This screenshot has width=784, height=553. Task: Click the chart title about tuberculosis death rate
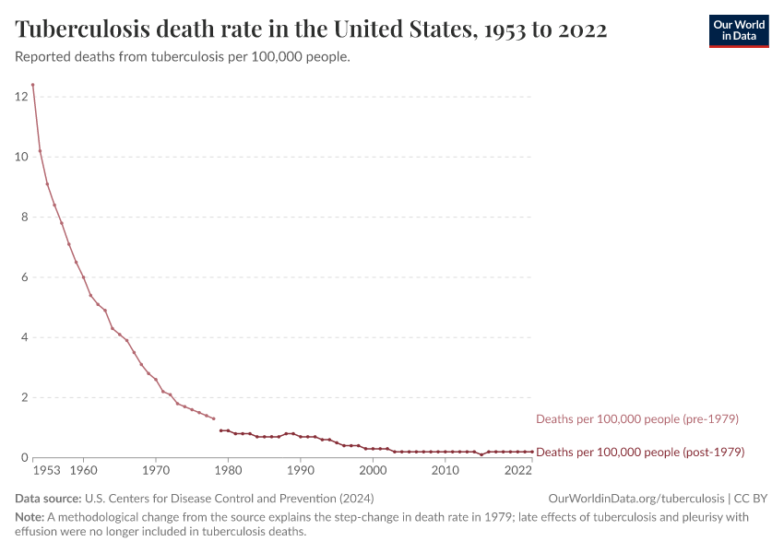[x=311, y=29]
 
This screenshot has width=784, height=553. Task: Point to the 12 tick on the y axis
[x=21, y=97]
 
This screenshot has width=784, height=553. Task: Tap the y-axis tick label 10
[x=21, y=157]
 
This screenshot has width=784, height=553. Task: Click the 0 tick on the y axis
[x=24, y=458]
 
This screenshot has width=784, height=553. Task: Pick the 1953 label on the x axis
[x=46, y=471]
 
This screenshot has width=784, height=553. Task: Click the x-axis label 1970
[x=156, y=471]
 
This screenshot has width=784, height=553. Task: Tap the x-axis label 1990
[x=301, y=471]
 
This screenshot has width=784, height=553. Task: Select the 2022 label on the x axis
[x=518, y=471]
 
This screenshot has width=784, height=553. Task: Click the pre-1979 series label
[x=637, y=419]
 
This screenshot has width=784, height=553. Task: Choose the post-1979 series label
[x=640, y=453]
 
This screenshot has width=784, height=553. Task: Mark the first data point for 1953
[x=32, y=85]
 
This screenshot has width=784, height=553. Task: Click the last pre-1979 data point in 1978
[x=214, y=419]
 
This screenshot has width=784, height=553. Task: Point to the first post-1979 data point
[x=221, y=430]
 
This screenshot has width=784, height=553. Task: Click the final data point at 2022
[x=532, y=452]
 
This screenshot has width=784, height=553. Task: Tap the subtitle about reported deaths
[x=182, y=57]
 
